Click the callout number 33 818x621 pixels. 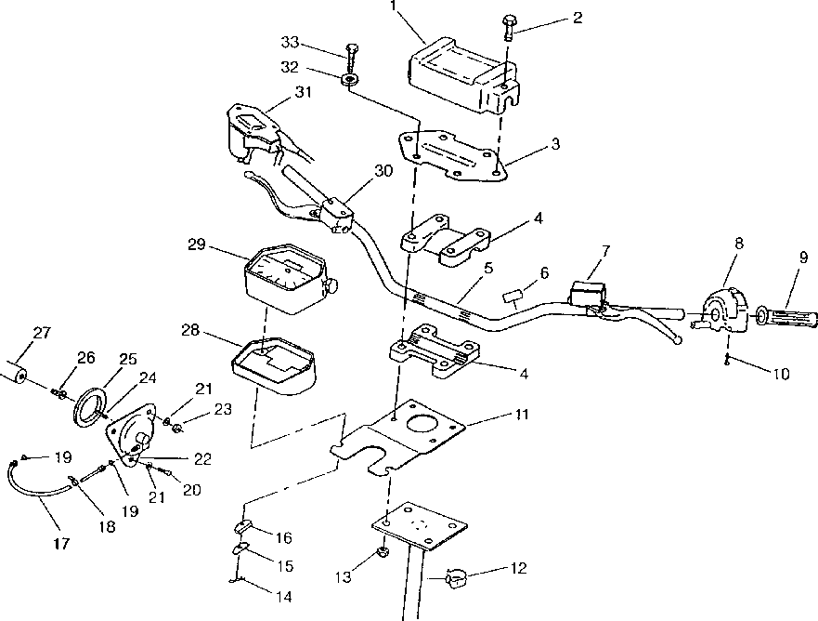(x=290, y=43)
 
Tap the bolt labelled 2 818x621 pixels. (x=509, y=29)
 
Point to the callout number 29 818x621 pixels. (x=197, y=244)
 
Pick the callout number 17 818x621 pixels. (x=61, y=543)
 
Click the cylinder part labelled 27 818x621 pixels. (x=12, y=371)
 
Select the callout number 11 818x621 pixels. (x=522, y=415)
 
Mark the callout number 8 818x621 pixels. (x=739, y=244)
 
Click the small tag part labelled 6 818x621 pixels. (x=513, y=297)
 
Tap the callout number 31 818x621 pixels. (x=303, y=92)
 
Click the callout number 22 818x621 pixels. (x=202, y=459)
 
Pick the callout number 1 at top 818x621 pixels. (x=394, y=7)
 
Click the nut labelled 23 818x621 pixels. (x=177, y=428)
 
